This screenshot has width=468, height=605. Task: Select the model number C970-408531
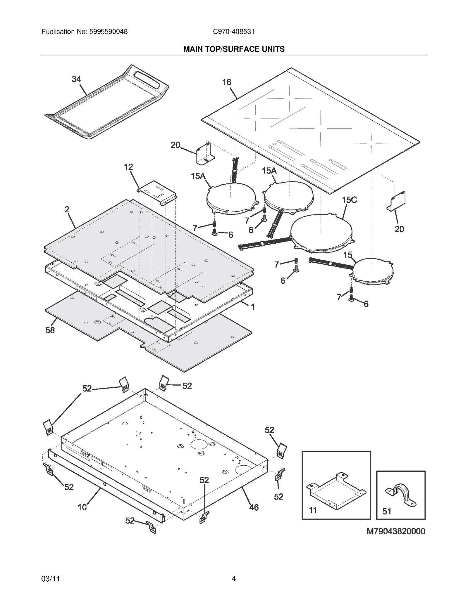click(x=233, y=32)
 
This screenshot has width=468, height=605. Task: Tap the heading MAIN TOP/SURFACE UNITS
click(x=234, y=49)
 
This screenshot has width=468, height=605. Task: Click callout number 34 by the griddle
click(x=76, y=79)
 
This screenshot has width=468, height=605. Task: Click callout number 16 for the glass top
click(x=226, y=82)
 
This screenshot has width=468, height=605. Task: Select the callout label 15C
click(x=349, y=200)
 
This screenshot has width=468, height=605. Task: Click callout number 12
click(x=128, y=167)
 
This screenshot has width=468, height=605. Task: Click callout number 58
click(x=50, y=330)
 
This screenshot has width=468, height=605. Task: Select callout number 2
click(x=67, y=209)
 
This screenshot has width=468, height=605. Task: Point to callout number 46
click(x=254, y=507)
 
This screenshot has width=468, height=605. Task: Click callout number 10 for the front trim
click(x=82, y=507)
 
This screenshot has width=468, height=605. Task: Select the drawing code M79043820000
click(x=396, y=531)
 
